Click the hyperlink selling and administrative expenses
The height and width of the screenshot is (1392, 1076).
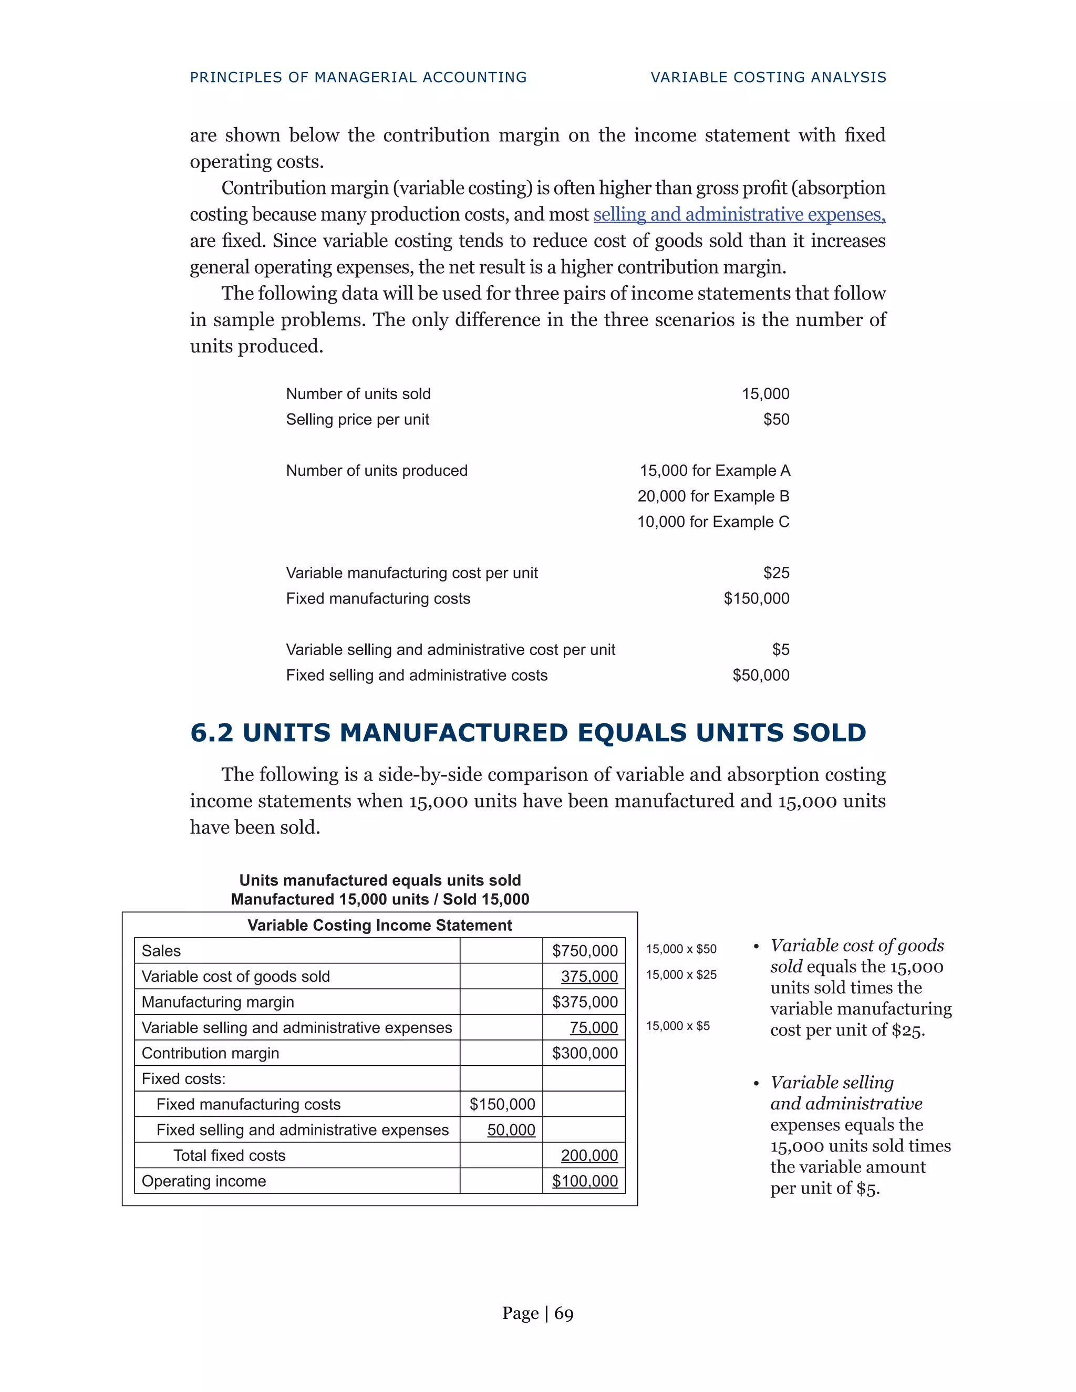(x=739, y=215)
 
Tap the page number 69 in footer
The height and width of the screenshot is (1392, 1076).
(x=564, y=1314)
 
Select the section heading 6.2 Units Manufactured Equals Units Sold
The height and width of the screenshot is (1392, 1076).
(x=528, y=733)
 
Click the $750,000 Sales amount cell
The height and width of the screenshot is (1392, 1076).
(x=585, y=951)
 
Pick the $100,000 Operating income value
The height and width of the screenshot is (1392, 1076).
(x=585, y=1181)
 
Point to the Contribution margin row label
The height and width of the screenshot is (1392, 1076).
(x=210, y=1053)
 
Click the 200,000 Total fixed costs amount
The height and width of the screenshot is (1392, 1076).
(x=589, y=1156)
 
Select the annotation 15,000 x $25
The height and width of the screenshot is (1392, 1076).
(x=681, y=974)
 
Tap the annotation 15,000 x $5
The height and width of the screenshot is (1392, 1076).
(x=678, y=1025)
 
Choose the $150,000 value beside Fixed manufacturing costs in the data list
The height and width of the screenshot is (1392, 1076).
(x=756, y=598)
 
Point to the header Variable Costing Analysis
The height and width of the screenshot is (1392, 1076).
(x=768, y=77)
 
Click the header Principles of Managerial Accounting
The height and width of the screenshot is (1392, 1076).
(x=358, y=77)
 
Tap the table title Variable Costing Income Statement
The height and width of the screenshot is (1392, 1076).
(x=379, y=926)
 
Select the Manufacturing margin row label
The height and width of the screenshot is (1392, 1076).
(x=218, y=1002)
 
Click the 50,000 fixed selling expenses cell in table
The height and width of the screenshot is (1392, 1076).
(x=511, y=1130)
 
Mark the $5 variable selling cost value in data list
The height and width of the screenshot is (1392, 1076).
(x=780, y=649)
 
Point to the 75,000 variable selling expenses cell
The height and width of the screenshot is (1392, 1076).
(x=594, y=1027)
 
